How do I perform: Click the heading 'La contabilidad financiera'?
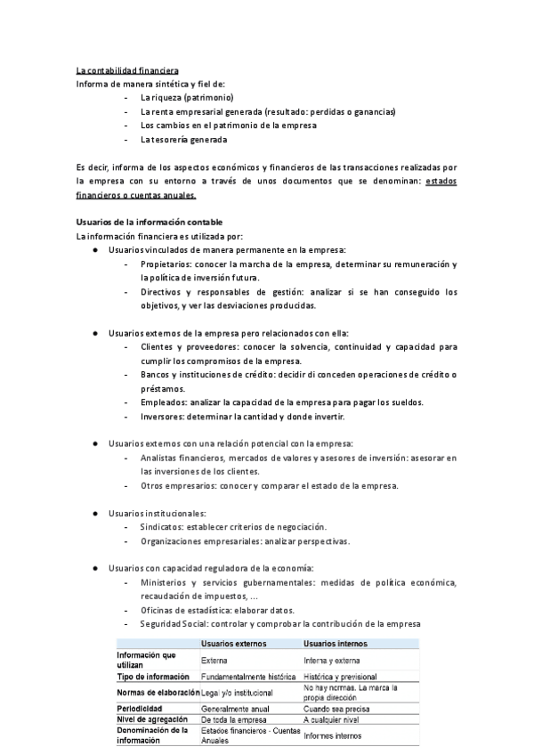click(128, 69)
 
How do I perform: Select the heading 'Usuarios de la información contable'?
click(149, 221)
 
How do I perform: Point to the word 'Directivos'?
click(161, 292)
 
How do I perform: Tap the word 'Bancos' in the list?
click(156, 375)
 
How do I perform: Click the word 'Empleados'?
click(163, 402)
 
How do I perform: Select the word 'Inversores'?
click(162, 416)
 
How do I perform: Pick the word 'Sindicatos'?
click(162, 527)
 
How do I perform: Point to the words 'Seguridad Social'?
click(174, 623)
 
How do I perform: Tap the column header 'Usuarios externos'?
click(233, 643)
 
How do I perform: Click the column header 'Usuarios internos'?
click(336, 643)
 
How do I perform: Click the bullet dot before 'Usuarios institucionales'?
click(95, 514)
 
